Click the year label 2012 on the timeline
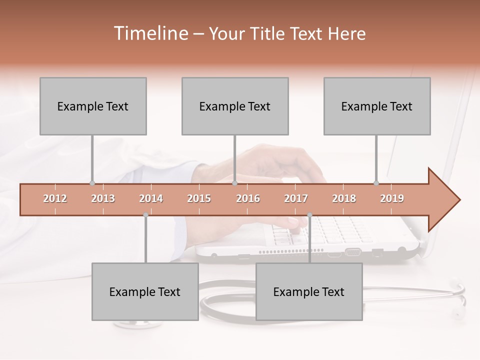tap(55, 198)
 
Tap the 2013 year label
tap(103, 198)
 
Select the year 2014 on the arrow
tap(151, 198)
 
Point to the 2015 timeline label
tap(199, 198)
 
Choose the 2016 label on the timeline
tap(248, 198)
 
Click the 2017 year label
tap(296, 198)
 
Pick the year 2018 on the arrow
tap(344, 198)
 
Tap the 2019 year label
tap(392, 198)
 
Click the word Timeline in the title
tap(150, 33)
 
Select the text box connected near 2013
tap(93, 106)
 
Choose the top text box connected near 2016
tap(235, 106)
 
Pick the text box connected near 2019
tap(377, 106)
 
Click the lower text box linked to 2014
tap(145, 292)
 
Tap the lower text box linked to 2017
tap(309, 292)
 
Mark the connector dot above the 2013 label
tap(92, 183)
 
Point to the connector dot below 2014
tap(145, 215)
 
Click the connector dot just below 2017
tap(309, 215)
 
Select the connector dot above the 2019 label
tap(376, 183)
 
